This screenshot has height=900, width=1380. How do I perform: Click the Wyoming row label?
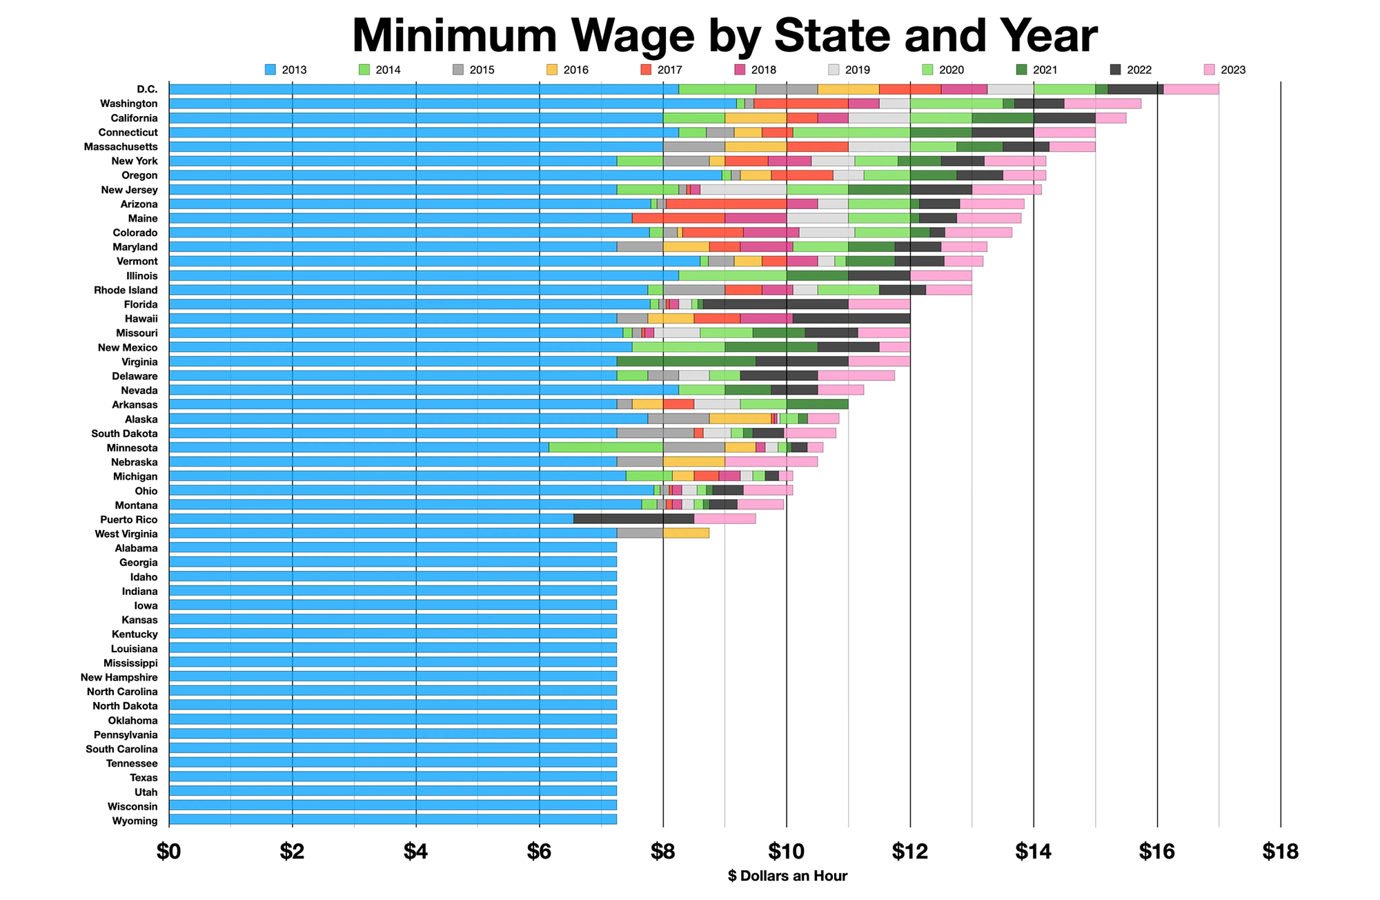click(x=135, y=821)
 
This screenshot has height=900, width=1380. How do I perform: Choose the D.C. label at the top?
click(x=147, y=89)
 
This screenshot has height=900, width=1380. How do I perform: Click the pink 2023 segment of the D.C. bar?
click(x=1190, y=89)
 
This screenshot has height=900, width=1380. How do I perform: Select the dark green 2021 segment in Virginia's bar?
click(x=686, y=362)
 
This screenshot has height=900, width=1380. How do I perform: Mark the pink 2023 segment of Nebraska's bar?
click(x=771, y=462)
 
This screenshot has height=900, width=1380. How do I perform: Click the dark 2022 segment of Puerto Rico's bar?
click(x=633, y=519)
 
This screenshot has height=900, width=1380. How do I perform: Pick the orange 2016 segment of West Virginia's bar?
click(x=686, y=534)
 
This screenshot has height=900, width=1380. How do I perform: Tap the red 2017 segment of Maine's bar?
click(x=678, y=218)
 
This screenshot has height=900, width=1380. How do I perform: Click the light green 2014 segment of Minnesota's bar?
click(x=606, y=447)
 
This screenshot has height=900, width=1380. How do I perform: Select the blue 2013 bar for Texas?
click(x=393, y=777)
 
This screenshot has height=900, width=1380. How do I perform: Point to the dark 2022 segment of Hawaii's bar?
click(x=851, y=318)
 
